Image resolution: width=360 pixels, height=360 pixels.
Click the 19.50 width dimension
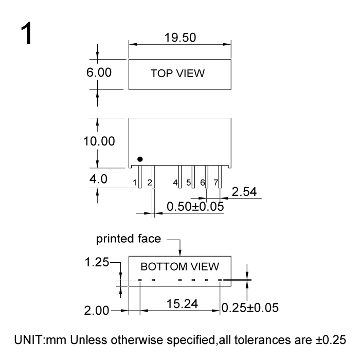point(180,38)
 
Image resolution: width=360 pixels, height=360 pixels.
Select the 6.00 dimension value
point(99,73)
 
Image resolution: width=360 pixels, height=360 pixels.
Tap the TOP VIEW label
point(177,74)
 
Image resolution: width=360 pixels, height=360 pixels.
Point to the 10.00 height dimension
point(99,141)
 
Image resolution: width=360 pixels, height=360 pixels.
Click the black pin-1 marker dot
point(140,159)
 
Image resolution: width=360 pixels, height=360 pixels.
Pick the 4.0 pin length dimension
point(98,179)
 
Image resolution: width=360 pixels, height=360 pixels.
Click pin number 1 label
point(135,183)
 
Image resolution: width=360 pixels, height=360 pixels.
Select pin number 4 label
point(175,183)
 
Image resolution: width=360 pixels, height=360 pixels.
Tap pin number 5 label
point(189,183)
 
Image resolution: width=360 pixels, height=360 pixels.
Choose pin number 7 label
point(216,183)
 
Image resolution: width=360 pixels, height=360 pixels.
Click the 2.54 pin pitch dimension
point(244,192)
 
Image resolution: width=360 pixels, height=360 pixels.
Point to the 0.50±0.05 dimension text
point(195,206)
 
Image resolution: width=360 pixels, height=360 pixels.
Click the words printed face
point(129,239)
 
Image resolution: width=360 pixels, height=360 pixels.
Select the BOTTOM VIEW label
point(180,266)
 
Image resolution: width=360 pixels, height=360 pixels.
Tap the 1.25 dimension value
point(97,262)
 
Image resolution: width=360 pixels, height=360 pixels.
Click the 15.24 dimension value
point(182,304)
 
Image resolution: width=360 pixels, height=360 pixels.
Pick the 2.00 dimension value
point(97,311)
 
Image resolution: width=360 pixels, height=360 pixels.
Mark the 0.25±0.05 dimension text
point(250,308)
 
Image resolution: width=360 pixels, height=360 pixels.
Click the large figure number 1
point(26,33)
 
